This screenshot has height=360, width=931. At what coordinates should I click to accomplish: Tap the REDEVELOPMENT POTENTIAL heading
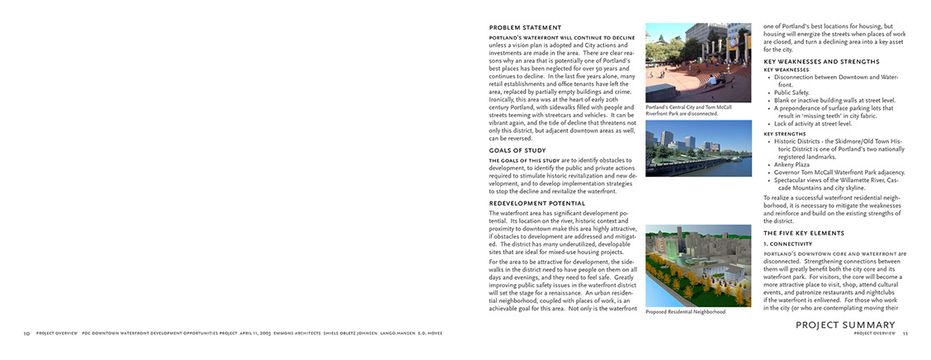point(536,203)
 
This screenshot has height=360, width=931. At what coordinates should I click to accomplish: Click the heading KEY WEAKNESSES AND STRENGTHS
point(821,62)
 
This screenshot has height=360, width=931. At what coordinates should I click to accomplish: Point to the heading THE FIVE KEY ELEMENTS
point(805,234)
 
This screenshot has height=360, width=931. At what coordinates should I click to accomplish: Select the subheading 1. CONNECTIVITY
point(787,244)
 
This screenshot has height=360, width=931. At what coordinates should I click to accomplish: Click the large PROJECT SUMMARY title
point(845,325)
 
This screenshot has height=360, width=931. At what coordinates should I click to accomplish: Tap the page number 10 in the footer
point(26,334)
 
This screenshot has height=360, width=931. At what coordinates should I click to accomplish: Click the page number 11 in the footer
point(905,334)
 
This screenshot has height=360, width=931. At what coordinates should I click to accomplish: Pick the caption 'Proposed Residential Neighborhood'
point(685,312)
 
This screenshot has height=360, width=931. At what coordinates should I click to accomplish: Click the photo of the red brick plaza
point(698,63)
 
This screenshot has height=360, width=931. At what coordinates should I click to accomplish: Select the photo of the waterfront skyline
point(698,148)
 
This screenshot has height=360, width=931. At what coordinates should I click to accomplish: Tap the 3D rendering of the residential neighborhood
point(698,264)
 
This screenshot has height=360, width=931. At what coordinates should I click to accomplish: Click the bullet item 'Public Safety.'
point(792,92)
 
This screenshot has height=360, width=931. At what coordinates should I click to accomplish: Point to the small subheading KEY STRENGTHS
point(785,134)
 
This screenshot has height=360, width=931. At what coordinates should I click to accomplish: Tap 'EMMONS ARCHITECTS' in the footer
point(312,334)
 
